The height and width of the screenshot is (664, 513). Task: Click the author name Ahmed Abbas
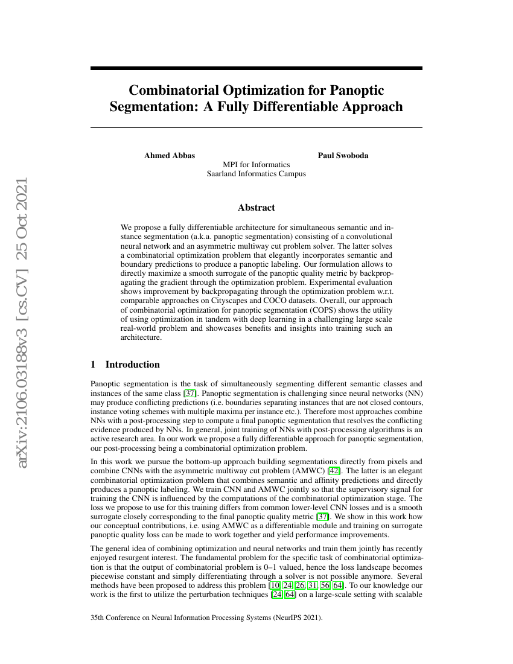tap(170, 155)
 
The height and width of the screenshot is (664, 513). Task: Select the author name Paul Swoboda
tap(343, 155)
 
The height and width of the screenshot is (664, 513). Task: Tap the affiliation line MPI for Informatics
tap(256, 164)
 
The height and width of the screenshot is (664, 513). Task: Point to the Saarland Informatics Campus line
tap(256, 174)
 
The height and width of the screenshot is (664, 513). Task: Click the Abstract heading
tap(256, 208)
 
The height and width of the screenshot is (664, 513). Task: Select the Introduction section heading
tap(132, 365)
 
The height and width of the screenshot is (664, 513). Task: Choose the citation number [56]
tap(323, 586)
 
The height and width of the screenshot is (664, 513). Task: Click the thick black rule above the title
tap(256, 68)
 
